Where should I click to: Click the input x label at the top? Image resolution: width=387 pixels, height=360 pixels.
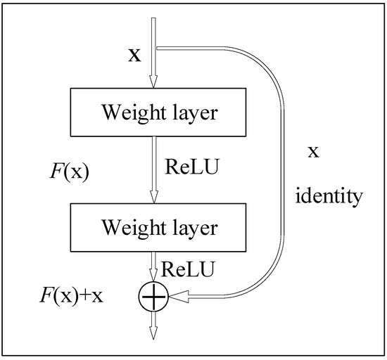(x=134, y=56)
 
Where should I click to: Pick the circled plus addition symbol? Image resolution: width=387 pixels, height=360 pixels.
(x=154, y=300)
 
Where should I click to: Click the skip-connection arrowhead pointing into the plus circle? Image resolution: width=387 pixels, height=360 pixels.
(x=180, y=300)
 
